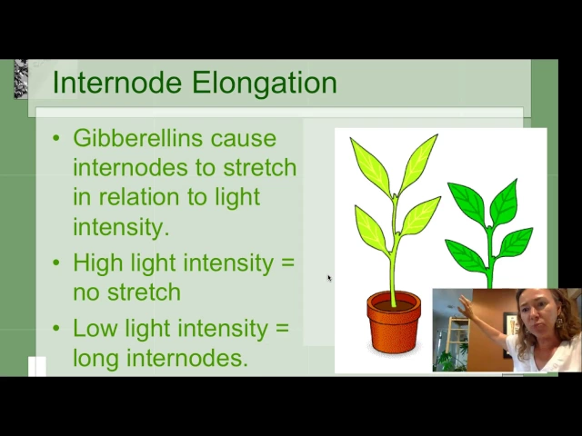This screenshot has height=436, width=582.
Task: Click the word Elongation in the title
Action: click(264, 83)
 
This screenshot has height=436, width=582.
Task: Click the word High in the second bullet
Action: click(96, 263)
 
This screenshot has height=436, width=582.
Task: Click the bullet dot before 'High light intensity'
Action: click(56, 263)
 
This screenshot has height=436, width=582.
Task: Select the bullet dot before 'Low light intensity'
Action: click(56, 328)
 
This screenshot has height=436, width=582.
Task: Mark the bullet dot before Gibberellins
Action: click(56, 138)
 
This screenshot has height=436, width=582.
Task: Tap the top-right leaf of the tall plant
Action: click(418, 163)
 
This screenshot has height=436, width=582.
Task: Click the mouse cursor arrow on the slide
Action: click(329, 278)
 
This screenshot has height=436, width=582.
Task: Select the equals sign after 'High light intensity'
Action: click(288, 263)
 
